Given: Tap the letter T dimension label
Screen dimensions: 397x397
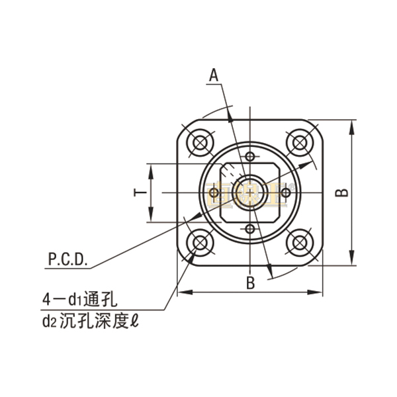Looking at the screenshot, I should (140, 193).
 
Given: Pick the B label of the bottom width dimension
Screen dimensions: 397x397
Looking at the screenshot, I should (250, 283).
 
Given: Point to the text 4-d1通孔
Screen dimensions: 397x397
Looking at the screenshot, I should (80, 299).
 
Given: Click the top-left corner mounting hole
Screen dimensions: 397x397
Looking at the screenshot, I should (199, 142).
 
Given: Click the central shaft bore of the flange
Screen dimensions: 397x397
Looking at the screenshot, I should (249, 192).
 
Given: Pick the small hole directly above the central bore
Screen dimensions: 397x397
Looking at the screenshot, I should (249, 156).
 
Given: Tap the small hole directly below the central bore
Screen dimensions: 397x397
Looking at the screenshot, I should (249, 228).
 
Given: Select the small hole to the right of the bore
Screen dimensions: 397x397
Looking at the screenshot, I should (286, 192).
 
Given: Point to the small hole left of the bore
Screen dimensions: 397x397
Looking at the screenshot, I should (213, 192).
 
